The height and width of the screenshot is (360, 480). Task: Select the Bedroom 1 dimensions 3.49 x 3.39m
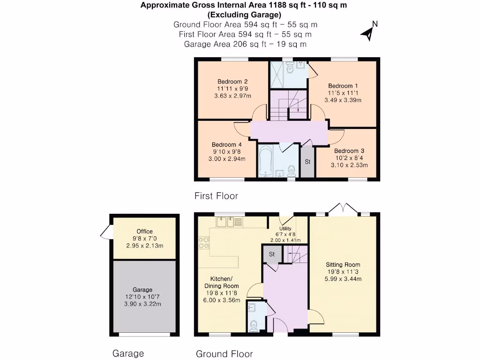point(343,100)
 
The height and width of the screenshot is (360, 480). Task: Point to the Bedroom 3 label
point(349,151)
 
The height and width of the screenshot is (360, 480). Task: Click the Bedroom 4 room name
point(226,144)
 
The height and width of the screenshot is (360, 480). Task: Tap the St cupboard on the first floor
point(307,162)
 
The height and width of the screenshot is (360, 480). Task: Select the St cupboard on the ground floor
point(271,254)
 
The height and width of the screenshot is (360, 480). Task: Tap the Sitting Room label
point(342,264)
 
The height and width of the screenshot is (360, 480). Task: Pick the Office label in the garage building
point(144,232)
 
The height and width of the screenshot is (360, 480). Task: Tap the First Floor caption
point(216,196)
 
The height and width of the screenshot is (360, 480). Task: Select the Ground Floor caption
point(224,354)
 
